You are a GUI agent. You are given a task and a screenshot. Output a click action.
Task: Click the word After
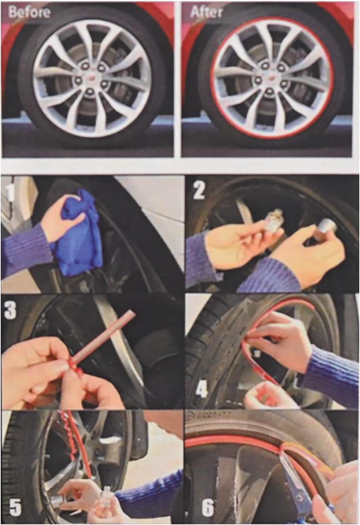(x=206, y=12)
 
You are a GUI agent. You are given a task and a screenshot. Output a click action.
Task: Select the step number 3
(x=10, y=309)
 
